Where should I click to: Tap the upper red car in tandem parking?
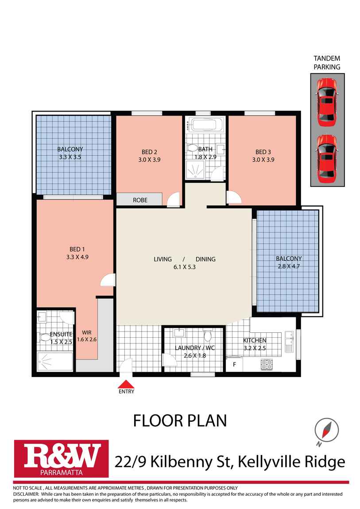(327, 100)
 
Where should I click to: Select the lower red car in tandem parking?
(327, 158)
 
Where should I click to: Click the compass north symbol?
(327, 430)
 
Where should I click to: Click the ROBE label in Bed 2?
(140, 200)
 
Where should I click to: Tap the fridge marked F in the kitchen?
(234, 365)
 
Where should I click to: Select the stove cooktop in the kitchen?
(267, 364)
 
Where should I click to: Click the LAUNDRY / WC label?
(194, 347)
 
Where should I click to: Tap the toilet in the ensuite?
(45, 338)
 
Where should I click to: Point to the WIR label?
(87, 332)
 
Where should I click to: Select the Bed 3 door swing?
(234, 198)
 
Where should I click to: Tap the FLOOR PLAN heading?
(180, 420)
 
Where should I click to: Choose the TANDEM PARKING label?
(327, 63)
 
